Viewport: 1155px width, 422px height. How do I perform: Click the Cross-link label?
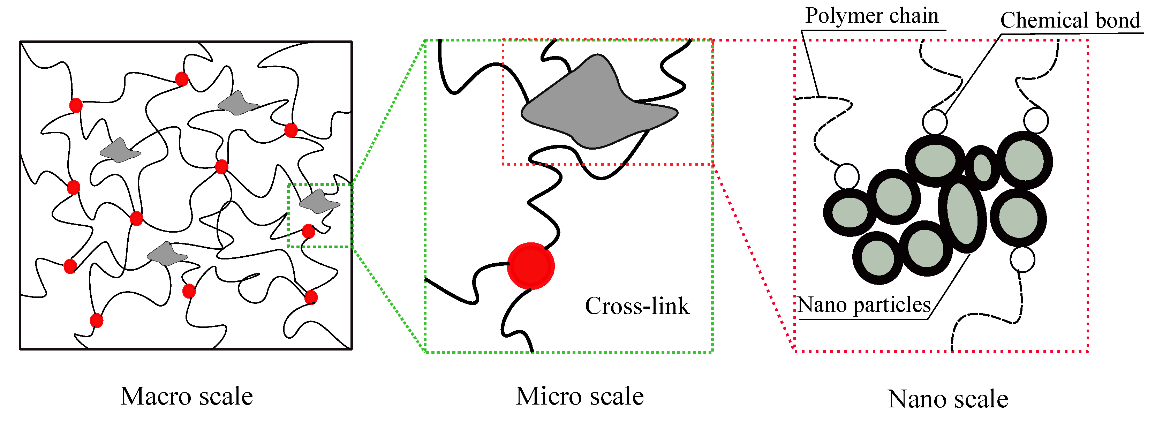(x=637, y=306)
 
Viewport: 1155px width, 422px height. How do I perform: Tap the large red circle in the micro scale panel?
(x=530, y=266)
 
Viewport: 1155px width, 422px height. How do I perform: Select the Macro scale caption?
(x=187, y=397)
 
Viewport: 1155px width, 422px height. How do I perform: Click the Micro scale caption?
(x=579, y=397)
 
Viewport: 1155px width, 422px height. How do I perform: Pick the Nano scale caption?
(x=948, y=399)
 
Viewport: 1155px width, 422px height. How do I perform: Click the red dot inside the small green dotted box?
(x=309, y=232)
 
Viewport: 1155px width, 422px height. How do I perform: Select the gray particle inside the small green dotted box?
(x=319, y=201)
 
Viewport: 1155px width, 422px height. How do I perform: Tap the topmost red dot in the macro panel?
(x=182, y=79)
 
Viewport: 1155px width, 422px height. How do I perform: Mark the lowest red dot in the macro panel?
(x=96, y=321)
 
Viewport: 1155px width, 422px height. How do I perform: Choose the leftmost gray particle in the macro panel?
(x=119, y=151)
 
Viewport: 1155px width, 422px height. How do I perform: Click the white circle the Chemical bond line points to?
(x=935, y=121)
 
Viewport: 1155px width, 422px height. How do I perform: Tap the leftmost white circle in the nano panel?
(x=847, y=176)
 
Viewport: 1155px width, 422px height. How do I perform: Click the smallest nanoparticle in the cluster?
(x=982, y=167)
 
